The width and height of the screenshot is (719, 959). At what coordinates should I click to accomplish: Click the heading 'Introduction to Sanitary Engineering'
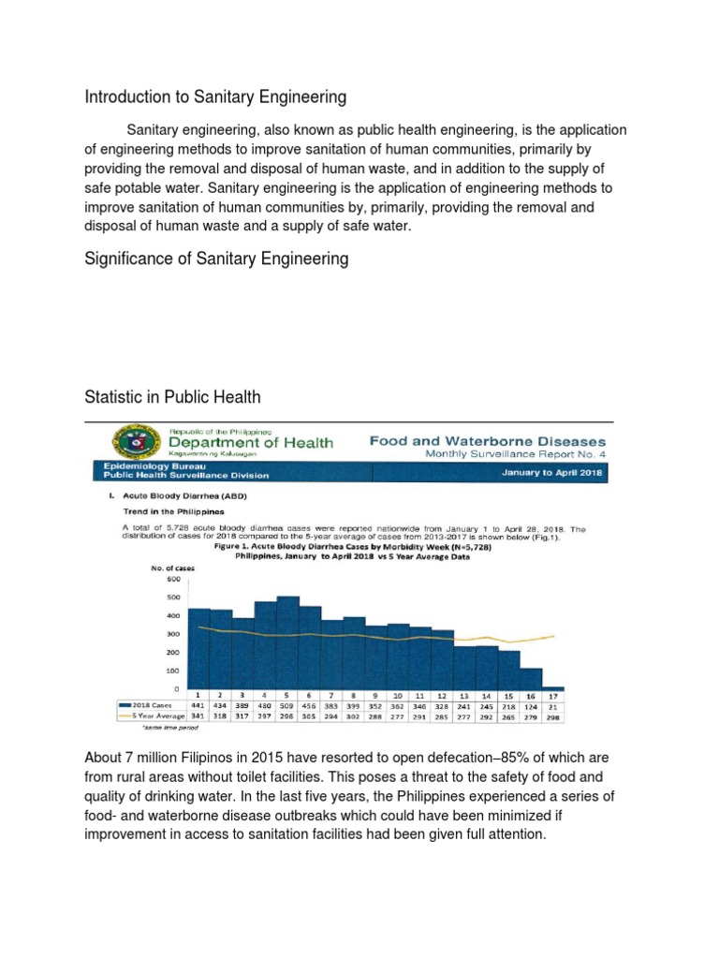point(215,96)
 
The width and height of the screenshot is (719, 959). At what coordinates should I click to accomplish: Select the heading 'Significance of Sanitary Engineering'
point(216,258)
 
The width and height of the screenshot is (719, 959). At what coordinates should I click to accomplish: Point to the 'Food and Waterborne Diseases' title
point(487,440)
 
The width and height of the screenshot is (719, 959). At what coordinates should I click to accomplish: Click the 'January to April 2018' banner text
point(551,473)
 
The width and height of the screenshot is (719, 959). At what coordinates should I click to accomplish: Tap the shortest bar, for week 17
point(553,688)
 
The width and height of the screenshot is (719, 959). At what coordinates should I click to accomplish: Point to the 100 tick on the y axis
point(173,671)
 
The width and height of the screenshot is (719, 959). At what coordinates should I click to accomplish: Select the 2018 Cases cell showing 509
point(287,704)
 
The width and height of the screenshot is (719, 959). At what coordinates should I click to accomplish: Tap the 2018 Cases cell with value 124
point(531,704)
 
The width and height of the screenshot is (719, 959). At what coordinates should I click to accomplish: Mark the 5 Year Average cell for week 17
point(553,716)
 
